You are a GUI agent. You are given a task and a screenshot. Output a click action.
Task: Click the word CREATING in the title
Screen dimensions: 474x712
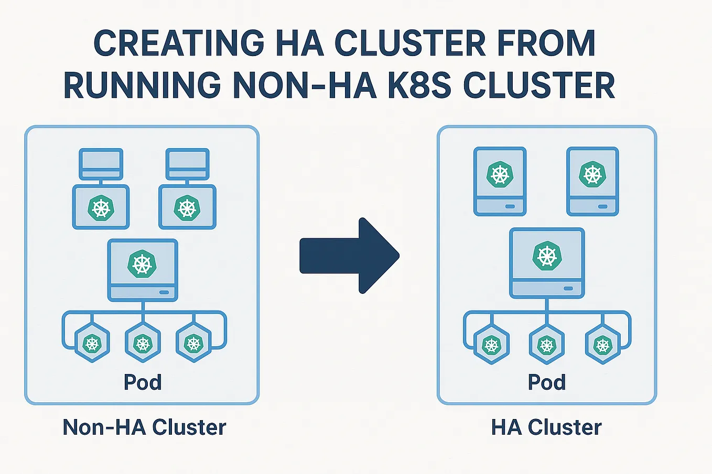(179, 43)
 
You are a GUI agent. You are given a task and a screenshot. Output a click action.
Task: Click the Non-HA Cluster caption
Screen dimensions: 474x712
(144, 427)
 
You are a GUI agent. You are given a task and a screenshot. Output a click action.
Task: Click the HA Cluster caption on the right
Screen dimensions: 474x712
(546, 427)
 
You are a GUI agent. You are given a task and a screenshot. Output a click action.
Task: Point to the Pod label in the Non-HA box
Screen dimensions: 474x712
(143, 382)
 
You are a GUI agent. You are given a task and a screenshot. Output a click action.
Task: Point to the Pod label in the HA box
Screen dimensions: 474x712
(546, 382)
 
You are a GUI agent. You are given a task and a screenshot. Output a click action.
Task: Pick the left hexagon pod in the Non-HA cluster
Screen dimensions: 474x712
(92, 344)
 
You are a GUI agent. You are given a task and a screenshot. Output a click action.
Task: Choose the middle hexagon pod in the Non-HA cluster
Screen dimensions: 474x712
(143, 344)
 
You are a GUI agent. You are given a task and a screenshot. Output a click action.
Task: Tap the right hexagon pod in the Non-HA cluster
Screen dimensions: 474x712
(194, 344)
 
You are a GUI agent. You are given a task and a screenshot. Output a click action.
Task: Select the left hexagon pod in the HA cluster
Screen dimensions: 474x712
(492, 345)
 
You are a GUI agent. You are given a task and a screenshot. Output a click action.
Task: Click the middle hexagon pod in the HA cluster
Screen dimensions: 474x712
(547, 345)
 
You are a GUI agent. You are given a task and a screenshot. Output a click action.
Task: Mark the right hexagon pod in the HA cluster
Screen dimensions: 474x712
(603, 345)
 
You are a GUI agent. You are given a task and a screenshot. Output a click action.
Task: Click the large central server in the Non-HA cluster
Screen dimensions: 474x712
(143, 270)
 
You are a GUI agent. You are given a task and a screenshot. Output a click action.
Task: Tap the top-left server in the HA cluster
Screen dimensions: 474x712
(500, 181)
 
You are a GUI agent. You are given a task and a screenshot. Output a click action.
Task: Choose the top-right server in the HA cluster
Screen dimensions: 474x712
(592, 181)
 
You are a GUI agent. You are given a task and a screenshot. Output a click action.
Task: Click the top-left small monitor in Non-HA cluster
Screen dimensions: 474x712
(101, 164)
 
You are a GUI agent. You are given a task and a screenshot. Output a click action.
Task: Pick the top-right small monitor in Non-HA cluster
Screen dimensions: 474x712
(188, 164)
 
